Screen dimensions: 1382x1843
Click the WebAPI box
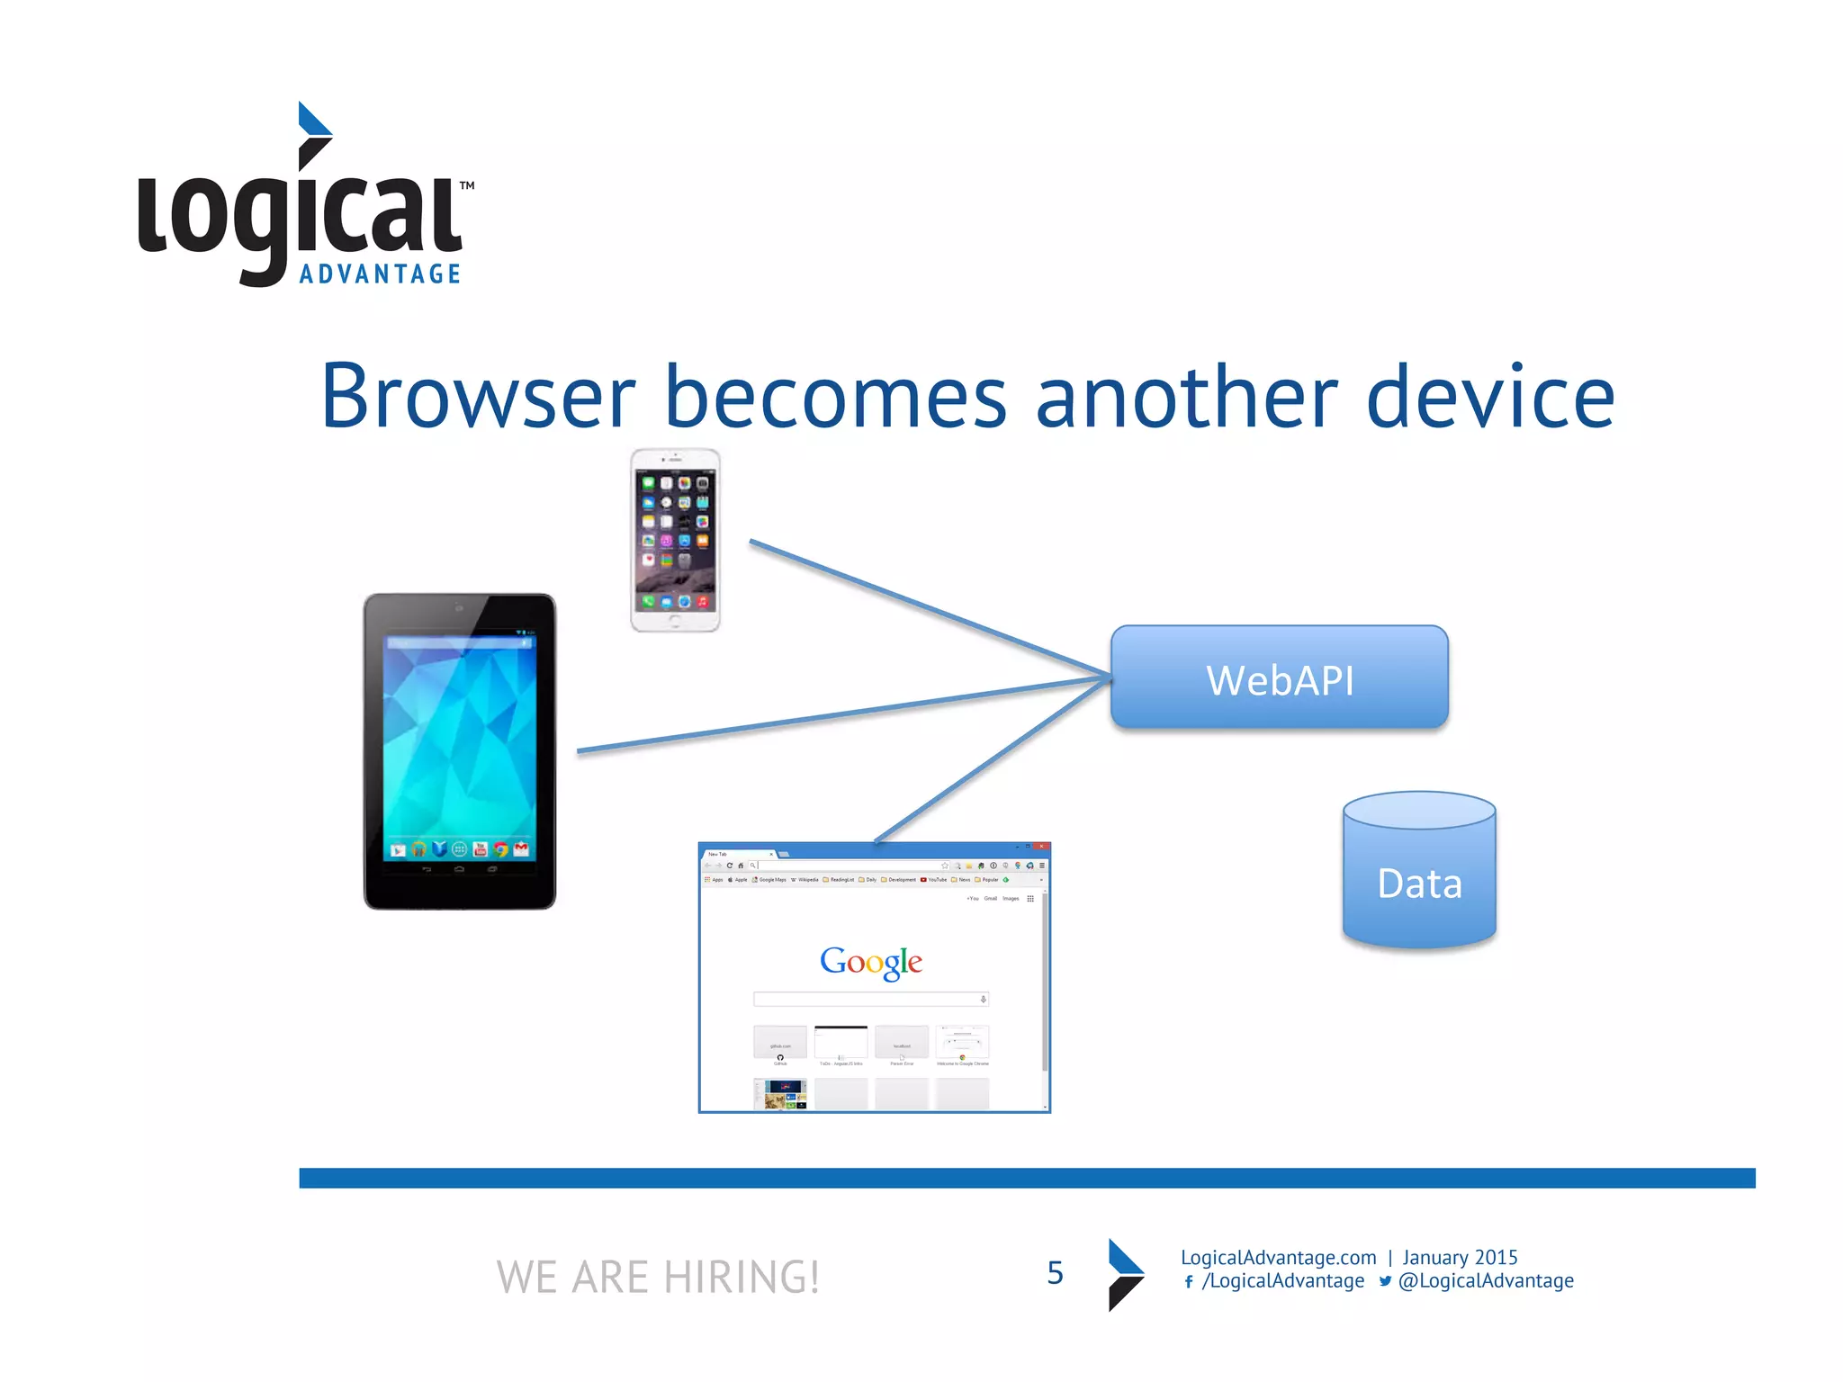[x=1279, y=678]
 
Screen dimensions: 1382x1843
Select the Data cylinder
[x=1419, y=871]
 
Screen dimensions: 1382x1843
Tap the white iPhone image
[x=675, y=541]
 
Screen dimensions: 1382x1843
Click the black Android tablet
[x=460, y=751]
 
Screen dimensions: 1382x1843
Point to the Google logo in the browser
[x=870, y=962]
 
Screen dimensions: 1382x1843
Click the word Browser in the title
[x=478, y=397]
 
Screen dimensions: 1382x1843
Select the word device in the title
[x=1489, y=397]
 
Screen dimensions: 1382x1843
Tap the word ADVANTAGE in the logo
[x=380, y=274]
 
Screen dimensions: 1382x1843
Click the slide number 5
[x=1055, y=1273]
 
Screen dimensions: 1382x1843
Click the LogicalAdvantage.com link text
[x=1278, y=1257]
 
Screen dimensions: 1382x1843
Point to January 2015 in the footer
[x=1460, y=1257]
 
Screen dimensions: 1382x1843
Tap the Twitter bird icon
[x=1385, y=1281]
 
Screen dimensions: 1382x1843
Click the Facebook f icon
[x=1189, y=1282]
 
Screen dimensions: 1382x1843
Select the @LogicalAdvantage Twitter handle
[x=1486, y=1280]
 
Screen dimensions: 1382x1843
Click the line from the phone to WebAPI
[x=927, y=607]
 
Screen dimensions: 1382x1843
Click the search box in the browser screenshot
[x=869, y=999]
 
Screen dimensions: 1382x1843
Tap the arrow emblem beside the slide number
[x=1125, y=1274]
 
